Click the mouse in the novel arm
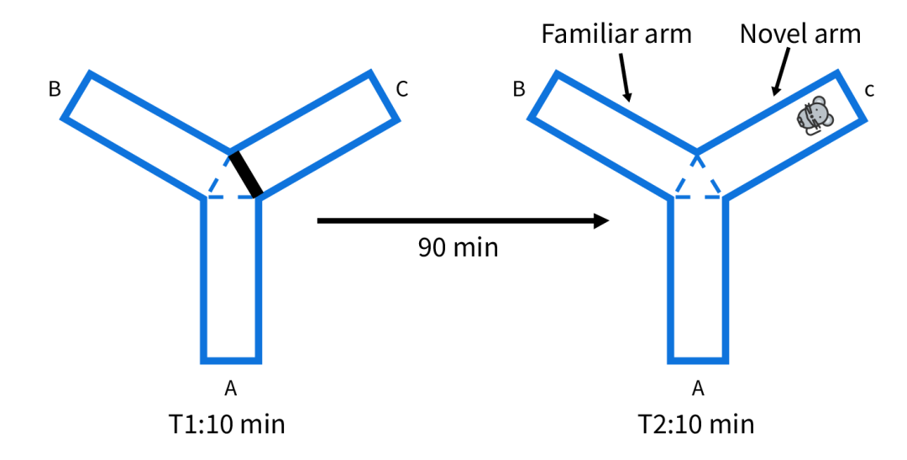tap(812, 116)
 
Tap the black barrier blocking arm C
tap(247, 173)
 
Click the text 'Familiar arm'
tap(616, 34)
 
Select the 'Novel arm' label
tap(800, 34)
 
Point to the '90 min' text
tap(458, 248)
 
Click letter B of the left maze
tap(55, 89)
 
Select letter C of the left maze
tap(402, 89)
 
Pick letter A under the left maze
tap(231, 388)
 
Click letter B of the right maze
tap(519, 89)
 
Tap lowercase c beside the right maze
tap(869, 90)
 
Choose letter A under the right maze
tap(697, 388)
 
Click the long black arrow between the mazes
tap(462, 221)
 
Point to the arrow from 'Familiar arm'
tap(626, 76)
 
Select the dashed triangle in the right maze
tap(697, 181)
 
